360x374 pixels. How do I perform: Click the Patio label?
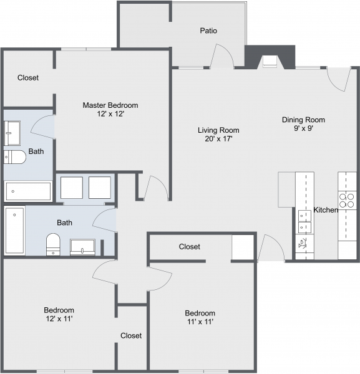208,31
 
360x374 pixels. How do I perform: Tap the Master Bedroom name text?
110,105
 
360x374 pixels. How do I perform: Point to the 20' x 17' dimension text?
218,140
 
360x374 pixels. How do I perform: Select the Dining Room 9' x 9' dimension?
303,129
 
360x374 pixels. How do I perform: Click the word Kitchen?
325,210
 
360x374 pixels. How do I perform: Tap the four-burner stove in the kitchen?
346,200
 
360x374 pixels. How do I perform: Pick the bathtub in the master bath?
28,191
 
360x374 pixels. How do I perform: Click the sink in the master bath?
12,132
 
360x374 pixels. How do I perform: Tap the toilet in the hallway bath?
53,244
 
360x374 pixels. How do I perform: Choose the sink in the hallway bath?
82,247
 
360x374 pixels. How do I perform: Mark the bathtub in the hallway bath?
15,231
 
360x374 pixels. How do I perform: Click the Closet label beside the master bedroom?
27,78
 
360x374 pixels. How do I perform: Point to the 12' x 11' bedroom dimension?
59,319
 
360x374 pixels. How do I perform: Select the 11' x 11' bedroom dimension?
200,322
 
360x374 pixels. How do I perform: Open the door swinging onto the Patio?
221,58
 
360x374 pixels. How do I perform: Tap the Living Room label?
218,130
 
